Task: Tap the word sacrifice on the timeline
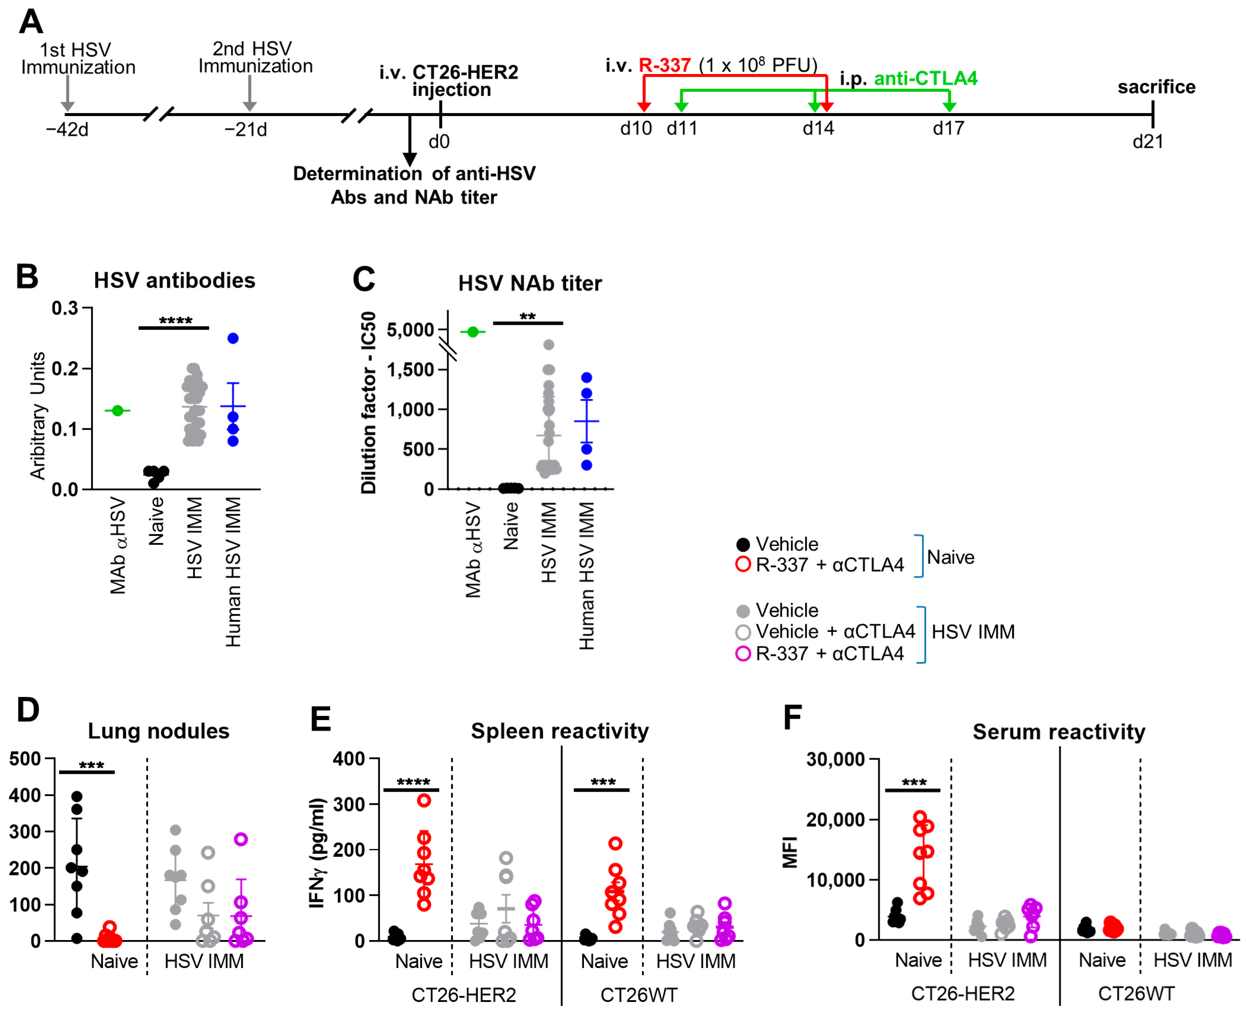(1156, 87)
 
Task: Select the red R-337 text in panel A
(665, 65)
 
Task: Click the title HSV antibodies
(174, 280)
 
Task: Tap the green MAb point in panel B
(117, 411)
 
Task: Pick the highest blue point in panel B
(233, 338)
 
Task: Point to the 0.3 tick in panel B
(65, 308)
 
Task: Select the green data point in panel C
(473, 332)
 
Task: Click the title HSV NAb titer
(529, 283)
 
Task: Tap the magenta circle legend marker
(743, 654)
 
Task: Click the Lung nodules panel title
(158, 731)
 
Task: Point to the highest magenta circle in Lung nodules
(241, 839)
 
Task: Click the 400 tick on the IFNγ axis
(349, 759)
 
